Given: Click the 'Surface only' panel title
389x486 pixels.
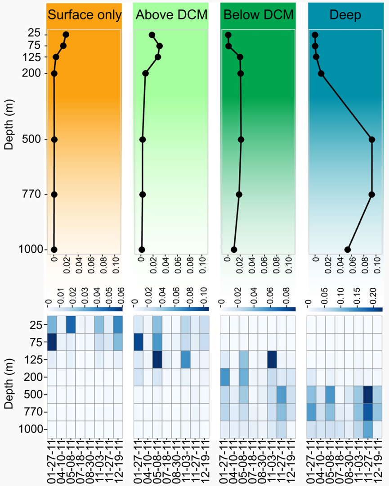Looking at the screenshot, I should [x=84, y=15].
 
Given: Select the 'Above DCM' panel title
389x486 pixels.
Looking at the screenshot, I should [x=171, y=15].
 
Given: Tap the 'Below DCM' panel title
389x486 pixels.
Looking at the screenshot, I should [x=258, y=15].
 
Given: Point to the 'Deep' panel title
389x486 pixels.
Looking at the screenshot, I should [x=345, y=15].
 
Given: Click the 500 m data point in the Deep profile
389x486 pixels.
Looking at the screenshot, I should [x=372, y=139].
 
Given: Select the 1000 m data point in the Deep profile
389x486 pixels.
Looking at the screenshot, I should [x=348, y=250].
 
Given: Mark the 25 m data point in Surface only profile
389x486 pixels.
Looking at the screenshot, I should [x=66, y=35].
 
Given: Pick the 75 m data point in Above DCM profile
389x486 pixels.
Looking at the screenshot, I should [x=159, y=46].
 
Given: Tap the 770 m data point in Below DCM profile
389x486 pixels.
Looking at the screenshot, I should [x=239, y=195].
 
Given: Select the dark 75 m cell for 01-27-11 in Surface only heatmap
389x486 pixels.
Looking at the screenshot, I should [x=52, y=342].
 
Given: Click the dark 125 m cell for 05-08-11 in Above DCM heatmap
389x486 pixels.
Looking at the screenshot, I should [x=157, y=359].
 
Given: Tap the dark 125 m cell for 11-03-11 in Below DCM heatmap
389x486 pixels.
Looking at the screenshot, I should [x=272, y=359].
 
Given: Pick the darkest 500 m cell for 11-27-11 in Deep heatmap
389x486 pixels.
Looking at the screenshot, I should [x=368, y=395].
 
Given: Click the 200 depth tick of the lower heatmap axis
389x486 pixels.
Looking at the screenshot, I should [x=32, y=377].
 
